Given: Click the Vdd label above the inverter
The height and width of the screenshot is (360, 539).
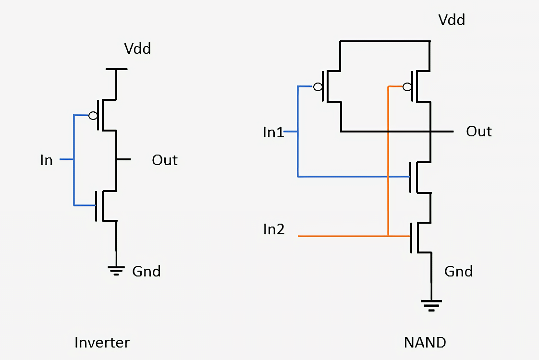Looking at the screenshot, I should coord(137,48).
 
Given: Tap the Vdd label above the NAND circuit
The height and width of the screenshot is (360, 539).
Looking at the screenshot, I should coord(452,20).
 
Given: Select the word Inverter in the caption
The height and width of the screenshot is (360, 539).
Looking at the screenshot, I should coord(102,343).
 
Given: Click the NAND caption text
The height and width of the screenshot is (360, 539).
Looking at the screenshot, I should coord(425,343).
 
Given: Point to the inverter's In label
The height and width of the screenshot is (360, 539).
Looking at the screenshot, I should coord(46,160).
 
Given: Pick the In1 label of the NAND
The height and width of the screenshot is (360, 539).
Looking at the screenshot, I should coord(273,132).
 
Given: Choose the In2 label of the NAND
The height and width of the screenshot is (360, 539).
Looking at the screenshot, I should coord(273,229).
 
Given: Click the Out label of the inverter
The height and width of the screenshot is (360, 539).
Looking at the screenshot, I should coord(165,160).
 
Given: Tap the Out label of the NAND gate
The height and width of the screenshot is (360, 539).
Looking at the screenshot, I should coord(479,132).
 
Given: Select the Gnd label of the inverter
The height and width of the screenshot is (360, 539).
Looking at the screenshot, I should coord(147,271).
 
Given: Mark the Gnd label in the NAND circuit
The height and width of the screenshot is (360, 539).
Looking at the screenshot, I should coord(458,271).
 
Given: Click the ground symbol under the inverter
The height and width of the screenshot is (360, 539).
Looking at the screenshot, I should coord(116,270).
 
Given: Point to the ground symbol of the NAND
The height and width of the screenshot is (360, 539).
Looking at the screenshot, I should coord(431,305).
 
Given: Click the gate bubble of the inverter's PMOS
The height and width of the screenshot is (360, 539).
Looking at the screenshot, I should coord(93,116).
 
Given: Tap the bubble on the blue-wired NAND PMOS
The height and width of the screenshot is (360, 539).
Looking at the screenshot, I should coord(318,87).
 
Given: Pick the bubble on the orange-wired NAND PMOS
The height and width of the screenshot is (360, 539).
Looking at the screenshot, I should coord(407,87).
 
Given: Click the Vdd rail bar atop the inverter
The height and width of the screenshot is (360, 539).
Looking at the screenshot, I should coord(116,69).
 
